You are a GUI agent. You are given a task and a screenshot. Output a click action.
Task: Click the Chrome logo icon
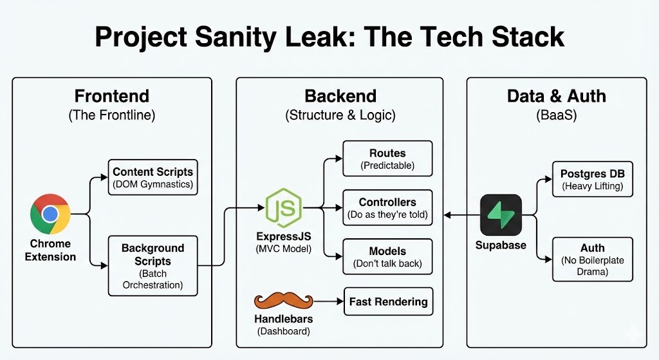coord(50,214)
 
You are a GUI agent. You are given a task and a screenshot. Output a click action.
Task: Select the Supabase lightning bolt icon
coord(501,214)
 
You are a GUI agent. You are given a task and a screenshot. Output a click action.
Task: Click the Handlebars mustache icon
coord(284,301)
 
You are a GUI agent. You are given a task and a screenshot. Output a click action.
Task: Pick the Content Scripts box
coord(153,178)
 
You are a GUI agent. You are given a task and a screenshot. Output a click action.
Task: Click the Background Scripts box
coord(153,265)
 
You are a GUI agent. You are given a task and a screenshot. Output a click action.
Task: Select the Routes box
coord(387,159)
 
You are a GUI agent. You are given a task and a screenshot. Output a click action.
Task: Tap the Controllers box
coord(387,207)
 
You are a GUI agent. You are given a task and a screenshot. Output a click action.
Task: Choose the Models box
coord(387,256)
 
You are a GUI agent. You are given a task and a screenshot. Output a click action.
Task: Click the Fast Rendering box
coord(388,301)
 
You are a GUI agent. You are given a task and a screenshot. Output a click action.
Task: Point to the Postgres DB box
coord(592,180)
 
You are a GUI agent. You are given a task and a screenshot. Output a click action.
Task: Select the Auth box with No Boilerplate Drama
coord(592,259)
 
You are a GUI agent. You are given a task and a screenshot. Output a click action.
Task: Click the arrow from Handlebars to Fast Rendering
coord(328,301)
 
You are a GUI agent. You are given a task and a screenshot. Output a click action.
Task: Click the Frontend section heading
coord(111,97)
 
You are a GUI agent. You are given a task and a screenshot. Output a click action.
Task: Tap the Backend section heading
coord(340,97)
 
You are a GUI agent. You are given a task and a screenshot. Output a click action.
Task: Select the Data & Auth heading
coord(556,97)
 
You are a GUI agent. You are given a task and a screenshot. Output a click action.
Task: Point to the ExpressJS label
coord(283,236)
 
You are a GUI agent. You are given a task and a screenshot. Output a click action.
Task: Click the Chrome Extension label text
coord(50,250)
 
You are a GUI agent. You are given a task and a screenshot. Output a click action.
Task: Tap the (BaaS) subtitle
coord(556,115)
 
